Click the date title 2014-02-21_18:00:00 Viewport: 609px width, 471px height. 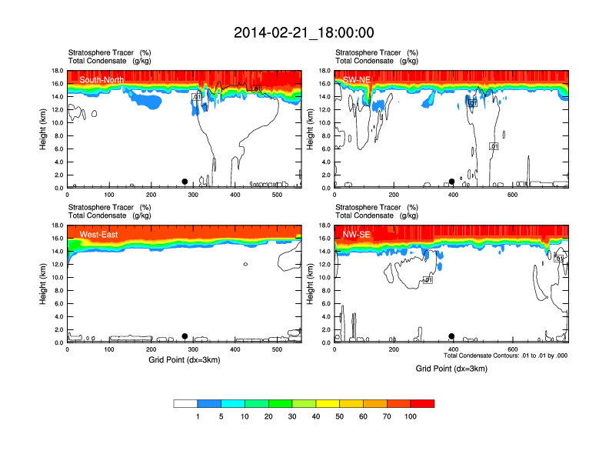(304, 32)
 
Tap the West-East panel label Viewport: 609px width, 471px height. (98, 235)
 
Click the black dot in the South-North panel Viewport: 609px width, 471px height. (185, 182)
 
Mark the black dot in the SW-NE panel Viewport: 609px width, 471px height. (451, 182)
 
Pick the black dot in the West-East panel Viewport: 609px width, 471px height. (185, 336)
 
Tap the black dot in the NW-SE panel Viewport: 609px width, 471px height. (451, 336)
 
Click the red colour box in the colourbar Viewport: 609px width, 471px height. (422, 403)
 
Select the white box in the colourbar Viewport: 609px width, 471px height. (185, 403)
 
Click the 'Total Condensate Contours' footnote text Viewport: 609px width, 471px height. (505, 356)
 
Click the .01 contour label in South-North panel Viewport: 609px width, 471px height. (197, 97)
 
